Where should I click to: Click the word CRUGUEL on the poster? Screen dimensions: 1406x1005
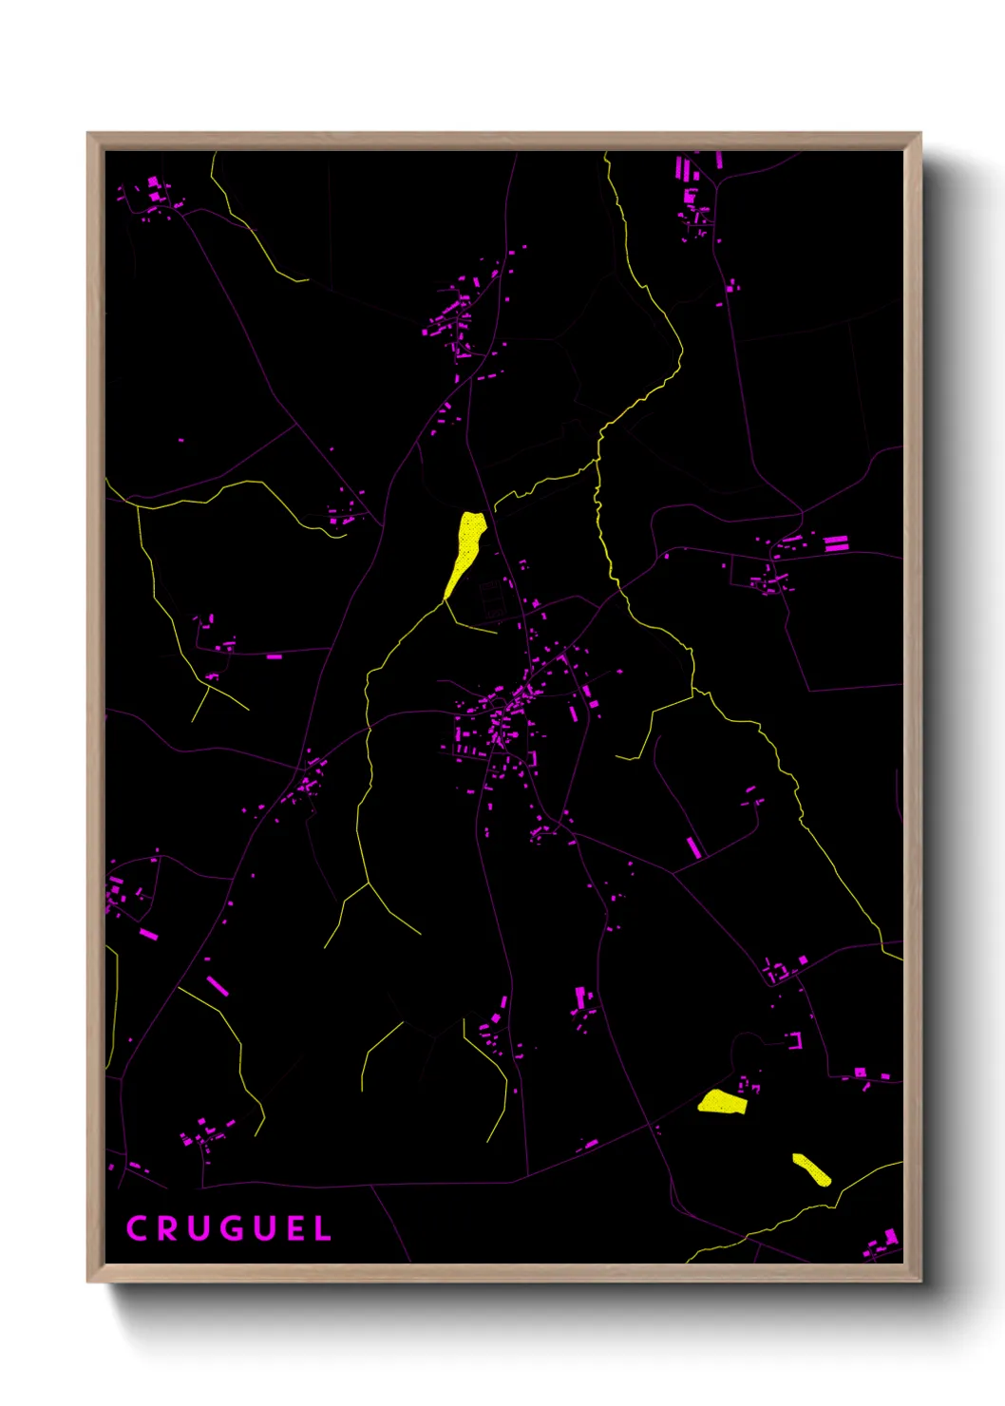pyautogui.click(x=228, y=1228)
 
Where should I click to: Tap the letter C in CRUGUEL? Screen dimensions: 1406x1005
pyautogui.click(x=136, y=1228)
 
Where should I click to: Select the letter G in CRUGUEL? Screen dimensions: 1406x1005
pyautogui.click(x=229, y=1228)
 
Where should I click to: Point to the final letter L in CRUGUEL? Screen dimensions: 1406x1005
pyautogui.click(x=324, y=1228)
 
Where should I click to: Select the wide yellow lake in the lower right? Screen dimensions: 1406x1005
pyautogui.click(x=723, y=1102)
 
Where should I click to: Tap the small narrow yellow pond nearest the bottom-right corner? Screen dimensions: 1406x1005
pyautogui.click(x=811, y=1169)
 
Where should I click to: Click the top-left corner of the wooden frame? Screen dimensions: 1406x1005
pyautogui.click(x=89, y=135)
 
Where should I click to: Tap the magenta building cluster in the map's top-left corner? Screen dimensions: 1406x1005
pyautogui.click(x=156, y=195)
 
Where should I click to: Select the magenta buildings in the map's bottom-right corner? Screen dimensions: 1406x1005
pyautogui.click(x=881, y=1243)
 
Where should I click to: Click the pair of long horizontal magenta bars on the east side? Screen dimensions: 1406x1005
pyautogui.click(x=835, y=542)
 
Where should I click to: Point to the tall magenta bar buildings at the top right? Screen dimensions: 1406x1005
pyautogui.click(x=684, y=170)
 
